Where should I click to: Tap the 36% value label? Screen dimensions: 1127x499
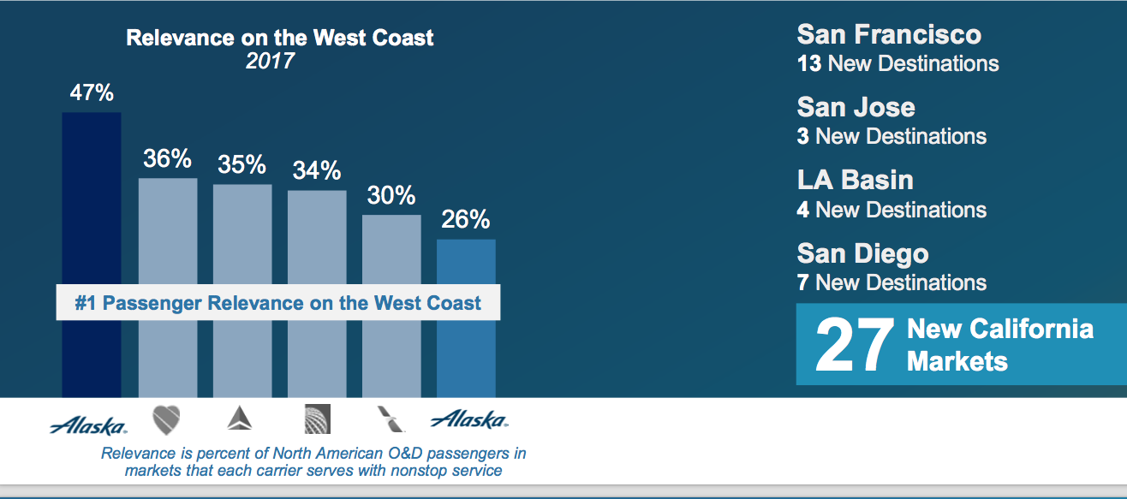(167, 159)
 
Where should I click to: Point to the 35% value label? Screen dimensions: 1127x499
(241, 164)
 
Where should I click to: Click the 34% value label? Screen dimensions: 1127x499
(317, 170)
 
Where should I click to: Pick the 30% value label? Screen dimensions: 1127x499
(391, 195)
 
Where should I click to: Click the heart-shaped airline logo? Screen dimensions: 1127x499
(166, 420)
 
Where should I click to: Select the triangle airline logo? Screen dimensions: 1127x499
(240, 419)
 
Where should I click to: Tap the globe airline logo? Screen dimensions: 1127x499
(318, 419)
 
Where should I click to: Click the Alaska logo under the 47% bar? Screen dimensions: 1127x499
(88, 425)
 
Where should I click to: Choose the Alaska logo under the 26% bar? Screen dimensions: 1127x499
(469, 419)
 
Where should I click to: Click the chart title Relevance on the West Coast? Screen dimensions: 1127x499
(280, 38)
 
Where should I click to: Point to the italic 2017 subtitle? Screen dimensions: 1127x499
(270, 61)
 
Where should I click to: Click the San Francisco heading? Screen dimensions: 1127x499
(889, 35)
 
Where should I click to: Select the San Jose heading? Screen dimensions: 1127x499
(856, 107)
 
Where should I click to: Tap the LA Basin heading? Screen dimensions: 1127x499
(855, 180)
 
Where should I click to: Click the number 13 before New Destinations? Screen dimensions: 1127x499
(809, 64)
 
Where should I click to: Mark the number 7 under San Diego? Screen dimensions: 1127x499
(803, 282)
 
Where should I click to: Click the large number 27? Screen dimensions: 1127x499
(855, 345)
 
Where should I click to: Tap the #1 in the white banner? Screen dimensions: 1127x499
(85, 303)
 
